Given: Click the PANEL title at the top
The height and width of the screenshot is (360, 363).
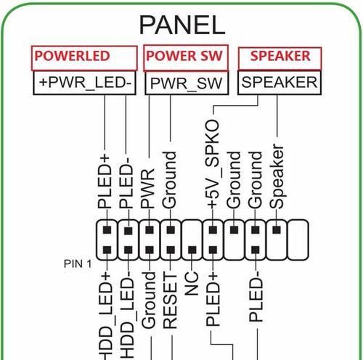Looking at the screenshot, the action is pos(182,25).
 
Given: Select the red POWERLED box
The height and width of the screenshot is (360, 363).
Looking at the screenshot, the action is pos(84,58).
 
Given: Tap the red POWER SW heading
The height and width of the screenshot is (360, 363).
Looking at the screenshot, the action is pos(186,58).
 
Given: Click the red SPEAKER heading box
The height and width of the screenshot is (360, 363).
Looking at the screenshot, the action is pos(280,59).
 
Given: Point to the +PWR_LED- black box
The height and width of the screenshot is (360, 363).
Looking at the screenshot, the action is pos(84,83).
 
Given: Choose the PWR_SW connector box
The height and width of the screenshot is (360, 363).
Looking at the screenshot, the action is pos(187,83).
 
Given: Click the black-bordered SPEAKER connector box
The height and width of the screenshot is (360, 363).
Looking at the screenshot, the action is pos(280,82).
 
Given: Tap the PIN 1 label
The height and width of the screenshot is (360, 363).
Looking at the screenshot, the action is pos(78,263).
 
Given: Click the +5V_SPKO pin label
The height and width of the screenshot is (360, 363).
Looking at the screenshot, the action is pos(213,164).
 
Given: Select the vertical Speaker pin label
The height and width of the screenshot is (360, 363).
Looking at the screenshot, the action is pos(277,176).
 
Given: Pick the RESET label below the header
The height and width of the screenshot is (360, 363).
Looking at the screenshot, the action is pos(170,300).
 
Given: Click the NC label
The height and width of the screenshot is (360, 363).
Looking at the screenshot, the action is pos(192,284).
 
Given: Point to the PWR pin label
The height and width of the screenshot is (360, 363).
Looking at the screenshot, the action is pos(148,189).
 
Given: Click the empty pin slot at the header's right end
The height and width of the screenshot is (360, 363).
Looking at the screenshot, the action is pos(298,240).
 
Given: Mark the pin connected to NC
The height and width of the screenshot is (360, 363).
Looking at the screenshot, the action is pos(192,250).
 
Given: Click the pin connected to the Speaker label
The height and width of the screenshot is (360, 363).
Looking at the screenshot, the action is pos(277,229).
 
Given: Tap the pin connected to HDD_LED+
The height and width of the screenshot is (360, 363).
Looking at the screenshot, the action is pos(107,250).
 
